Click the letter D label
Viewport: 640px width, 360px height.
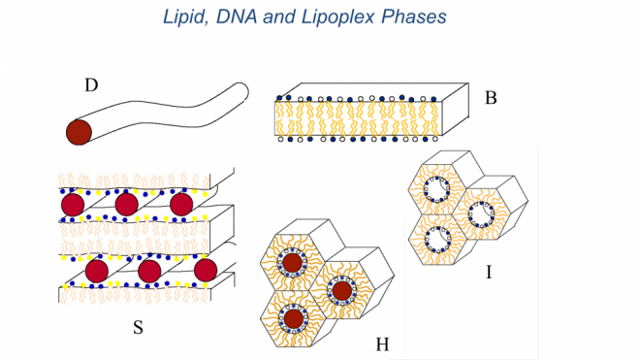coord(91,85)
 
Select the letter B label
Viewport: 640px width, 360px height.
coord(491,97)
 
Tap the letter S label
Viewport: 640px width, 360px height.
coord(138,327)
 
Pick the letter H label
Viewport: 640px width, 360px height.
coord(382,344)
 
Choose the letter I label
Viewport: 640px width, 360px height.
coord(489,273)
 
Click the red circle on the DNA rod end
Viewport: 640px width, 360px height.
coord(79,132)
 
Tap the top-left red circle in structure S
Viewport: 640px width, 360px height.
coord(72,205)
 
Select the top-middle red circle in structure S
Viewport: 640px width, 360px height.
coord(126,205)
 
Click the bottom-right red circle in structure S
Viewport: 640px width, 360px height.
coord(205,270)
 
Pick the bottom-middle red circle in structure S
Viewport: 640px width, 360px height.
coord(149,271)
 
